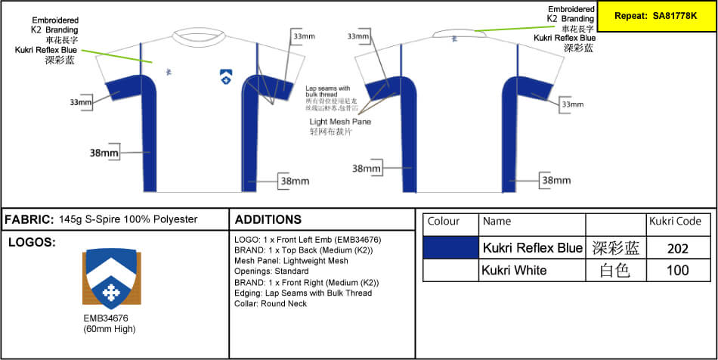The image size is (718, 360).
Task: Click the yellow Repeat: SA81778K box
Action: click(656, 15)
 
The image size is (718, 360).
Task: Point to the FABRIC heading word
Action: click(29, 219)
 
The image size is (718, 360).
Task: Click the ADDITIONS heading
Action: click(268, 219)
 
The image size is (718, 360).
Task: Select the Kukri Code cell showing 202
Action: click(678, 248)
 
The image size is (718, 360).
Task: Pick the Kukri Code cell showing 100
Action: click(678, 270)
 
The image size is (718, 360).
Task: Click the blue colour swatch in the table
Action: click(450, 247)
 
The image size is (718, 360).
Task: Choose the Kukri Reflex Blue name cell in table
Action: click(533, 248)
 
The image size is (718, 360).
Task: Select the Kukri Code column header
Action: click(675, 222)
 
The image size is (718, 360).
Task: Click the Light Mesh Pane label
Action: click(340, 121)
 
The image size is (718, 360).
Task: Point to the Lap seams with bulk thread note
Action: click(329, 91)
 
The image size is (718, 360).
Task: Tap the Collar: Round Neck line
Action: click(270, 303)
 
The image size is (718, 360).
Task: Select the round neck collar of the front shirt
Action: click(200, 35)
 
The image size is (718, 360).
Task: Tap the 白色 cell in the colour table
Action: click(614, 270)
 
